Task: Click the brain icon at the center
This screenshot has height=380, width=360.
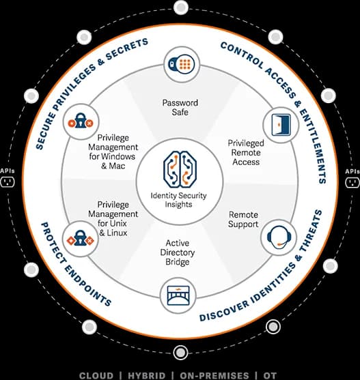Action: (180, 169)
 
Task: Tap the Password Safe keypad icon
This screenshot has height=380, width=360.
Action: (182, 64)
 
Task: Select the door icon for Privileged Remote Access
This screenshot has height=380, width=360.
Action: (281, 125)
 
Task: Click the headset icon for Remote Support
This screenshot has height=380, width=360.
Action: (279, 237)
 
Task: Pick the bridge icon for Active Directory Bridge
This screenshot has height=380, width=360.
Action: (178, 295)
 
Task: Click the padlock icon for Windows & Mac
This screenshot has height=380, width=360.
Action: (81, 121)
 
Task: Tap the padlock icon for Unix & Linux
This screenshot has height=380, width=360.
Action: (81, 238)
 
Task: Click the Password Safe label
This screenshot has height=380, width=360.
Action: (180, 107)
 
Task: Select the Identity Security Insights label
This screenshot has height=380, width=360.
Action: (178, 200)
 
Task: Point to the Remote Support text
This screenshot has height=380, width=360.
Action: (243, 219)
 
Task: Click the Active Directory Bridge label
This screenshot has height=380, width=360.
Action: (178, 252)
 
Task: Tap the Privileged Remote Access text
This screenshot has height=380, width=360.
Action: (246, 152)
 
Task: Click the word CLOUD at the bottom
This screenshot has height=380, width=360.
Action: (96, 376)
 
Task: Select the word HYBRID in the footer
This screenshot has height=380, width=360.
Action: (147, 376)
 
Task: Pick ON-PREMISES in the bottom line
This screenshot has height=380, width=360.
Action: (214, 376)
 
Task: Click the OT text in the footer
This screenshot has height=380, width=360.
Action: (270, 376)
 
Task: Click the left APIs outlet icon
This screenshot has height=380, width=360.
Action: (8, 182)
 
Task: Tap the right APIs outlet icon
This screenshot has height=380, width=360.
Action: (352, 182)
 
